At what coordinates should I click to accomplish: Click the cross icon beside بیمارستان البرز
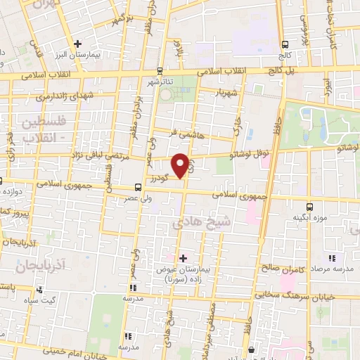point(79,44)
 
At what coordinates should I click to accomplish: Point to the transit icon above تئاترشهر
point(160,70)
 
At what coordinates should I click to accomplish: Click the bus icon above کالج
point(284,41)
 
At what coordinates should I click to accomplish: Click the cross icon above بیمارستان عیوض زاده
point(184,259)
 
